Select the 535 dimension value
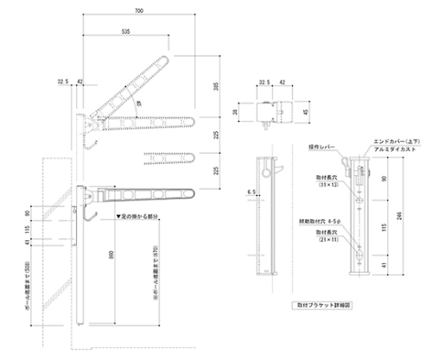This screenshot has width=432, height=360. pos(126,30)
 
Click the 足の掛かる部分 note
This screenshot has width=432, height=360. pos(138,217)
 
